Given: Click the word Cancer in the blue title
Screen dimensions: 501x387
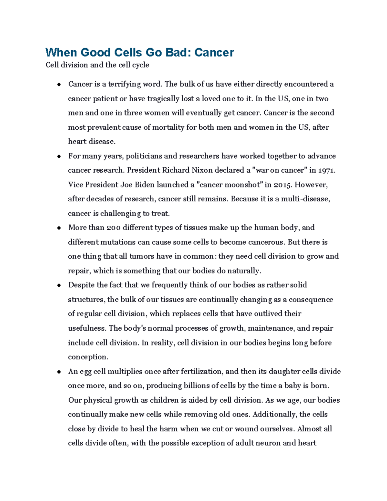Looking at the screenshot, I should (x=214, y=52).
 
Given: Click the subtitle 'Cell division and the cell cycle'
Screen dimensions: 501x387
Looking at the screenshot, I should (x=97, y=65).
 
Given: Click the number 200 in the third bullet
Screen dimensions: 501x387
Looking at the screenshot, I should (x=114, y=228).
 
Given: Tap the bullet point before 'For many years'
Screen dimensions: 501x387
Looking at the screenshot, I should (x=59, y=156).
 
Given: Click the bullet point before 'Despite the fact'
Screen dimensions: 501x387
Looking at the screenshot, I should (x=59, y=286).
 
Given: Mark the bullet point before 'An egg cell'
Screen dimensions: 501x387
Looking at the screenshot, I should (x=59, y=372).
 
